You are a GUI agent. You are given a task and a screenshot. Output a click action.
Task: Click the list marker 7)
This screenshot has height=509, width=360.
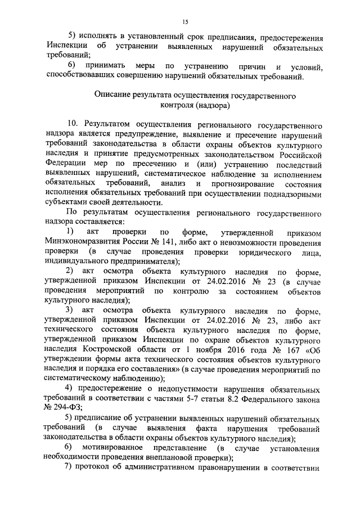[69, 470]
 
